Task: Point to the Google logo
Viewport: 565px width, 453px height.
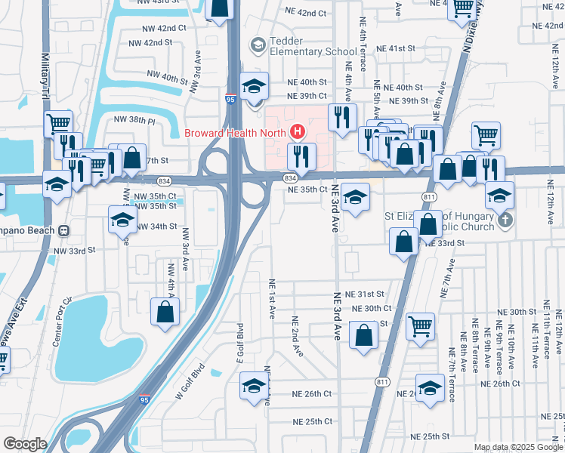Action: coord(25,444)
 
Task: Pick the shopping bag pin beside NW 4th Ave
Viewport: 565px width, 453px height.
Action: coord(165,311)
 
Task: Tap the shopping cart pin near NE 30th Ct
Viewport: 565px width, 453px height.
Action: coord(421,326)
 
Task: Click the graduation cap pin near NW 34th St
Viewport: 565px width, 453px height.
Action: coord(122,220)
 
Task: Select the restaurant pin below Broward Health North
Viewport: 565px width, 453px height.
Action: coord(301,156)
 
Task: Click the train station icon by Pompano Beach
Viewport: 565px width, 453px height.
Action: coord(65,230)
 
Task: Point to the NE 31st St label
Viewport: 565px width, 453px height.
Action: coord(364,294)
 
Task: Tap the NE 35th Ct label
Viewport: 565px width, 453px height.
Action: coord(306,190)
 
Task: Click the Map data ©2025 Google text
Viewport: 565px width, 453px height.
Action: coord(517,447)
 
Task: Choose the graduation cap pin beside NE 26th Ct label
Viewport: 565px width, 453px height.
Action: coord(252,386)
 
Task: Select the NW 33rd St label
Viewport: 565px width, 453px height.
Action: coord(76,249)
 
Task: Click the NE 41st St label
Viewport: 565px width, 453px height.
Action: coord(397,48)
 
